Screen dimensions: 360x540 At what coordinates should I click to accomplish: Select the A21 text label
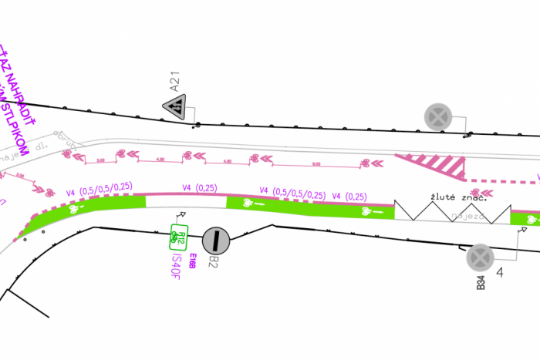pyautogui.click(x=175, y=80)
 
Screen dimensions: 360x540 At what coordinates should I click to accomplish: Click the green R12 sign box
pyautogui.click(x=178, y=237)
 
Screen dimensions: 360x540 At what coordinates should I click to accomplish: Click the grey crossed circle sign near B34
pyautogui.click(x=479, y=257)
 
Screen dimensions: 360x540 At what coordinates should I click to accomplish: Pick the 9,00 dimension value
pyautogui.click(x=316, y=164)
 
